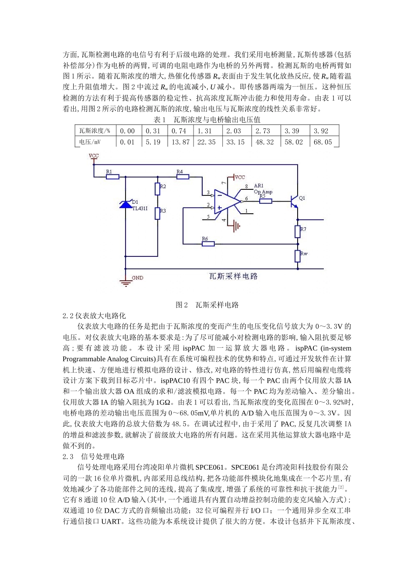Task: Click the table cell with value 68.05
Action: point(322,142)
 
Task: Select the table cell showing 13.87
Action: point(180,142)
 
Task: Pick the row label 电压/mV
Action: point(90,142)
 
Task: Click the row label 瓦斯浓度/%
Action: point(95,131)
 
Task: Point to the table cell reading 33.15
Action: point(235,142)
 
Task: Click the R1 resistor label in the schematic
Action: point(109,171)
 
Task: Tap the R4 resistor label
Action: point(180,171)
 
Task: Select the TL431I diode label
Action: point(139,208)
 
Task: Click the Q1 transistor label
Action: point(302,198)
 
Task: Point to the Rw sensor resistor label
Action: point(304,253)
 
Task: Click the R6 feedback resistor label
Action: point(205,239)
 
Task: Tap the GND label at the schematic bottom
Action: point(137,278)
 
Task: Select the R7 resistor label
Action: point(303,229)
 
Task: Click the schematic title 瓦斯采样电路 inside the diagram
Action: point(234,276)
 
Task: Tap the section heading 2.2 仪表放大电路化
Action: point(94,316)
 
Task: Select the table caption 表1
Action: point(159,120)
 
